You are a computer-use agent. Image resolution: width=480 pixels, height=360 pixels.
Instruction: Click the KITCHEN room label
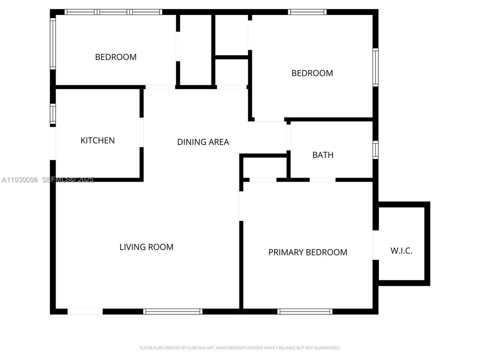[x=97, y=140]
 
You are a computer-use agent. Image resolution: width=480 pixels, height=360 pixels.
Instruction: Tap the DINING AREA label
[x=203, y=142]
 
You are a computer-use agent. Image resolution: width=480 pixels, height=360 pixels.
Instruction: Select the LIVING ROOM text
[x=146, y=246]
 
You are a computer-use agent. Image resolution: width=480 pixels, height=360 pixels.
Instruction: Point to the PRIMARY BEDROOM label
[x=307, y=252]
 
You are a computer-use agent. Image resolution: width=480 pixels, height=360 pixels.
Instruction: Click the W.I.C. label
[x=401, y=251]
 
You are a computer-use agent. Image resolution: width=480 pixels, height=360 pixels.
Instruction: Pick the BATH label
[x=323, y=155]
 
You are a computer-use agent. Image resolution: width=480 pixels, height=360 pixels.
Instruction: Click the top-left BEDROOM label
[x=115, y=57]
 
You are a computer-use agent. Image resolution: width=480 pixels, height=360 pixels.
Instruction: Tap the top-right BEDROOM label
[x=312, y=73]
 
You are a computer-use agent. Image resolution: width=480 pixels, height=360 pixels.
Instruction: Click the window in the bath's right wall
[x=375, y=149]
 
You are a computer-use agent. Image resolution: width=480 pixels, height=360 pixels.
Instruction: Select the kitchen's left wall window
[x=52, y=113]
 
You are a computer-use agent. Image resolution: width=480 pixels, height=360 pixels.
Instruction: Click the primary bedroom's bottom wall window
[x=304, y=311]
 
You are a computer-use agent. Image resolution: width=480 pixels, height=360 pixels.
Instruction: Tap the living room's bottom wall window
[x=173, y=311]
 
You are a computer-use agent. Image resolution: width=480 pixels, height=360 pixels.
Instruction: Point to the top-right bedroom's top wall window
[x=307, y=12]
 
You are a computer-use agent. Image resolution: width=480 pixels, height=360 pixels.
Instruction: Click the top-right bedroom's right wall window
[x=375, y=67]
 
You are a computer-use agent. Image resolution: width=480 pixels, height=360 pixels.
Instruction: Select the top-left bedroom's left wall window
[x=52, y=43]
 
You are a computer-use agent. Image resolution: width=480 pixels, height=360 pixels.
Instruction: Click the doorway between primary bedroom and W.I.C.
[x=375, y=245]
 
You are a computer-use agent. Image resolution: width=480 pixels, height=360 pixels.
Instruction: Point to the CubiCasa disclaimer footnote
[x=240, y=347]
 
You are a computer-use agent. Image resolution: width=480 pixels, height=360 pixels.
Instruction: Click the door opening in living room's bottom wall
[x=85, y=311]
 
